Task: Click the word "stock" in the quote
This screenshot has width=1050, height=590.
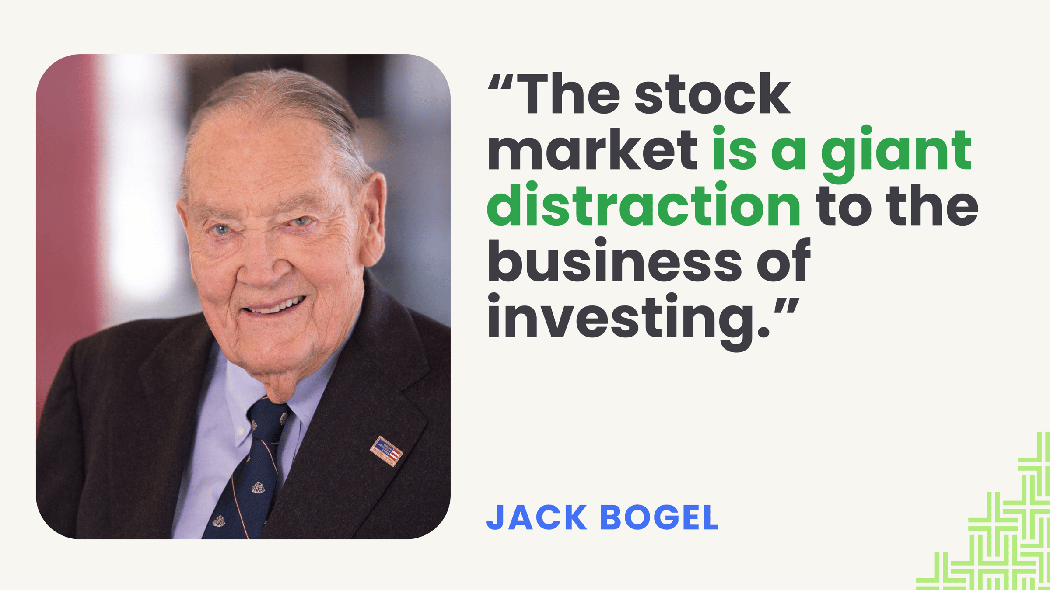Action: click(712, 94)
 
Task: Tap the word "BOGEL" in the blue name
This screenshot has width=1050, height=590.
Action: click(659, 517)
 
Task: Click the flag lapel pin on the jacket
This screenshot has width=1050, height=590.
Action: click(386, 451)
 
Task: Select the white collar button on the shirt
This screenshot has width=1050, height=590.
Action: click(240, 431)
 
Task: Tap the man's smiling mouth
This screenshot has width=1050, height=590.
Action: click(275, 305)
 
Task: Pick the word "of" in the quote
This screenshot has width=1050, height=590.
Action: click(784, 260)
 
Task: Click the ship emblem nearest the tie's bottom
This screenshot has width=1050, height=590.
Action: click(219, 521)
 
